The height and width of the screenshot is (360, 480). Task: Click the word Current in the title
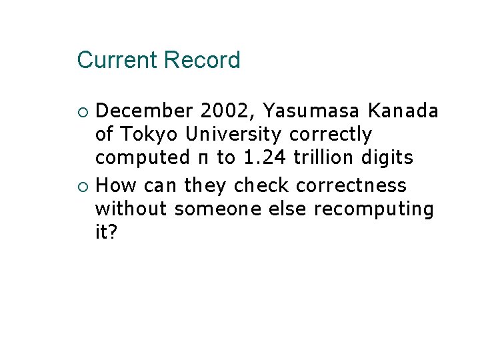[117, 61]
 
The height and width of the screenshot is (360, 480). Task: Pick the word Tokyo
[151, 135]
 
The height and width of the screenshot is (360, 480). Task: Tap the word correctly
[331, 135]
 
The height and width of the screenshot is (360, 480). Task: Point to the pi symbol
[203, 159]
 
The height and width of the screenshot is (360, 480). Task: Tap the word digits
[389, 158]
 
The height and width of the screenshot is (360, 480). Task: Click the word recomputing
[373, 208]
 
